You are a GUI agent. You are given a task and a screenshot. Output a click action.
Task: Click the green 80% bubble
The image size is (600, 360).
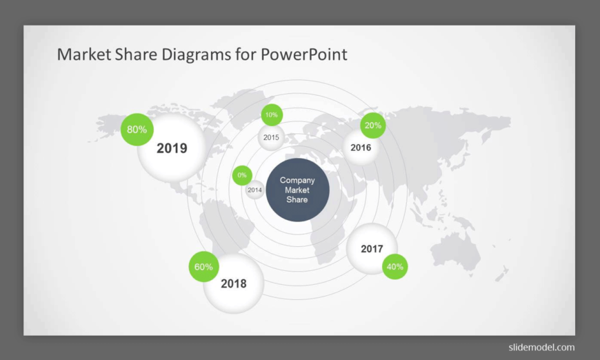[x=137, y=129]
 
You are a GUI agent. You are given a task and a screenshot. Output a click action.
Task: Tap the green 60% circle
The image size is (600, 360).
[x=203, y=267]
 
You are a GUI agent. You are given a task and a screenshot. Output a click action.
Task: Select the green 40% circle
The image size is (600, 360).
[x=395, y=267]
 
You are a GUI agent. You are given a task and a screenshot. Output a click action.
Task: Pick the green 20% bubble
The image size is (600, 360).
[x=372, y=126]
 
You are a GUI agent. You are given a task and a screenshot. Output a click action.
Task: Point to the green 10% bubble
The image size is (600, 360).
[x=272, y=114]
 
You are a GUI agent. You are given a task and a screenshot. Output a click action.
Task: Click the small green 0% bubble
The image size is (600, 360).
[x=242, y=175]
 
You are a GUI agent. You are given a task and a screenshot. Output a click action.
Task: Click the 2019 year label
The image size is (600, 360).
[x=172, y=148]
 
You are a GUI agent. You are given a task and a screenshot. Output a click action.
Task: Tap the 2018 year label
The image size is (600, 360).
[x=234, y=284]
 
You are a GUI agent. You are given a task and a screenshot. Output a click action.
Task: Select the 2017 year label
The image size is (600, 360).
[x=372, y=249]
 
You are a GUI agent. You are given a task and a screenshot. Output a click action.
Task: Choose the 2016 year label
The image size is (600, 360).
[x=361, y=148]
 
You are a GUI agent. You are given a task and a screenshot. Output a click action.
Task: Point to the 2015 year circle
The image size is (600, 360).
[x=271, y=138]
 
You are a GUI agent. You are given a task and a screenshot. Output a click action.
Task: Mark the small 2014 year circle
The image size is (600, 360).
[x=254, y=190]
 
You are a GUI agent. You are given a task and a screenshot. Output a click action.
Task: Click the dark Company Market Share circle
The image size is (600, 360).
[x=297, y=190]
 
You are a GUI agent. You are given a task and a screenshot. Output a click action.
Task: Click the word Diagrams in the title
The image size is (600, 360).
[x=196, y=54]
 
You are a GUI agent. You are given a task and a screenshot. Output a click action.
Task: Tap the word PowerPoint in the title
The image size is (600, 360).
[x=304, y=54]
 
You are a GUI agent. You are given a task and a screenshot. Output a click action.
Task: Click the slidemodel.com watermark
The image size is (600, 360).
[x=541, y=348]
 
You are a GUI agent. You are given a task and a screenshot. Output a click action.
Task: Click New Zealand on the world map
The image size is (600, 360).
[x=502, y=274]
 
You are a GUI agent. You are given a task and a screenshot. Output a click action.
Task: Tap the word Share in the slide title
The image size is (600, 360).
[x=136, y=54]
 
